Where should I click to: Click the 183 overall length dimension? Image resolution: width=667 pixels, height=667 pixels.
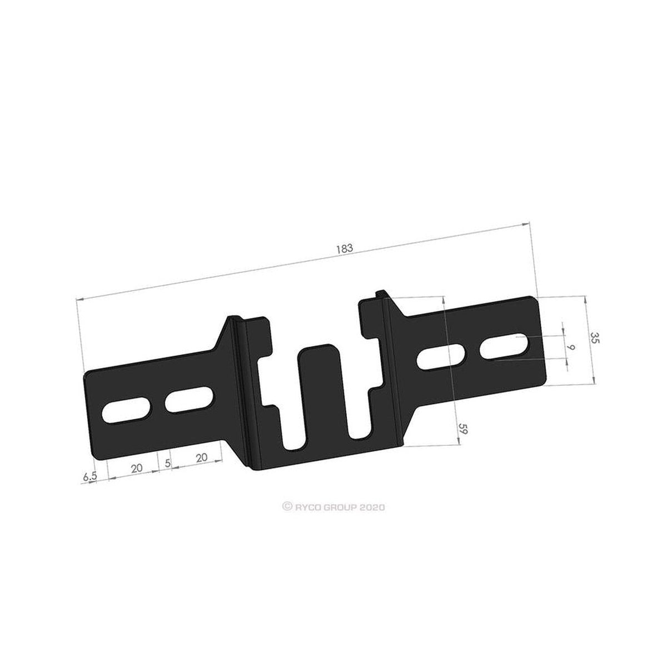pyautogui.click(x=345, y=248)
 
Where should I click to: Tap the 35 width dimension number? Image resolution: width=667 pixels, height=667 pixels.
pyautogui.click(x=595, y=337)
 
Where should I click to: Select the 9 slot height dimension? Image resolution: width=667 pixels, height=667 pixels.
pyautogui.click(x=571, y=347)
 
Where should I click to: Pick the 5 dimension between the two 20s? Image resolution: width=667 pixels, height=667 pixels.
pyautogui.click(x=167, y=463)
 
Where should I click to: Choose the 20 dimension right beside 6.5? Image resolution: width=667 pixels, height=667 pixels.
pyautogui.click(x=137, y=468)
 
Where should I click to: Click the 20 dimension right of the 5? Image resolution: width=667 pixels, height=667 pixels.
pyautogui.click(x=201, y=457)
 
